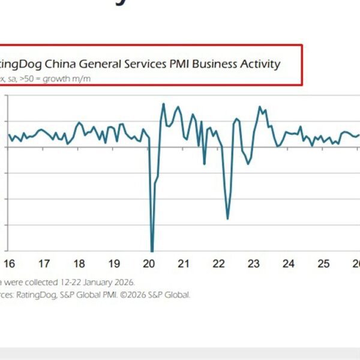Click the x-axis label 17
[x=44, y=263]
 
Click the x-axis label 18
[x=79, y=263]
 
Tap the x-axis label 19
[x=114, y=263]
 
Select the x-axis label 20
[x=149, y=263]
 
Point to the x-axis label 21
[x=184, y=263]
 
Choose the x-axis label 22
[x=219, y=263]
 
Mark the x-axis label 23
[x=254, y=263]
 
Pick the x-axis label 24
[x=289, y=263]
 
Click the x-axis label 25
[x=323, y=263]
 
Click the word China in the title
[x=66, y=64]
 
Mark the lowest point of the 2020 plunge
[x=152, y=251]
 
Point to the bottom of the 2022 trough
[x=227, y=218]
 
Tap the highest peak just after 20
[x=163, y=104]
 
